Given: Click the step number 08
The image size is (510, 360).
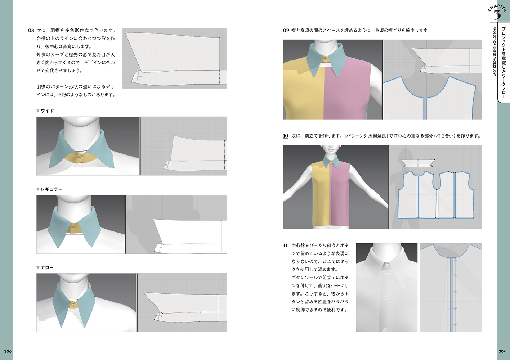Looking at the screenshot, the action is pos(31,31).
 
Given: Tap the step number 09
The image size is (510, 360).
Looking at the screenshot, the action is pos(286,31).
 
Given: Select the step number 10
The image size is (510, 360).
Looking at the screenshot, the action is pos(286,136).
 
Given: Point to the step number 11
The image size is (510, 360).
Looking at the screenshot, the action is pos(285,246).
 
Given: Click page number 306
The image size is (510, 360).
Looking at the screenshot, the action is pos(8,351).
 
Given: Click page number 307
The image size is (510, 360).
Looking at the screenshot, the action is pos(502,351).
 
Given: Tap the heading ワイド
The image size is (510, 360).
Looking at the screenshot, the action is pos(47,111).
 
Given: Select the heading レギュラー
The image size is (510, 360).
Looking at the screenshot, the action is pos(52,189).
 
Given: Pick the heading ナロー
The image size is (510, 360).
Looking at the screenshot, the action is pos(47,267).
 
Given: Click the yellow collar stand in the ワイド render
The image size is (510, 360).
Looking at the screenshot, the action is pos(81,158).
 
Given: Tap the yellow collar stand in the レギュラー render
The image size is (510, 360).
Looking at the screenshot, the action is pos(75,228).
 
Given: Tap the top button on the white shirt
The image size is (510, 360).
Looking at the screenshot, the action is pos(386,274).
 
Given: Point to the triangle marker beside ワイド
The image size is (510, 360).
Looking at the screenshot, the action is pos(38,111).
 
